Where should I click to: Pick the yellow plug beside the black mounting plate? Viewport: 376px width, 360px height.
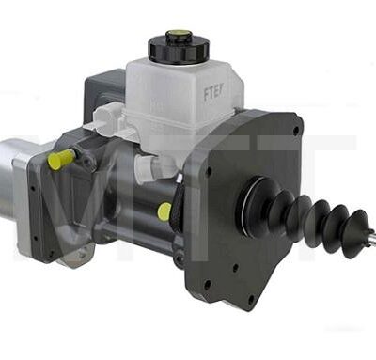tap(164, 211)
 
